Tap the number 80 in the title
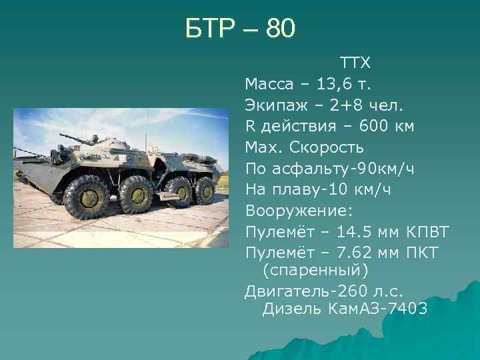tap(280, 29)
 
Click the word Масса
tap(269, 85)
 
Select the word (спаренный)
tap(315, 271)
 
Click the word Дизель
tap(291, 309)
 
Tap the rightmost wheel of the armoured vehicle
tap(204, 191)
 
